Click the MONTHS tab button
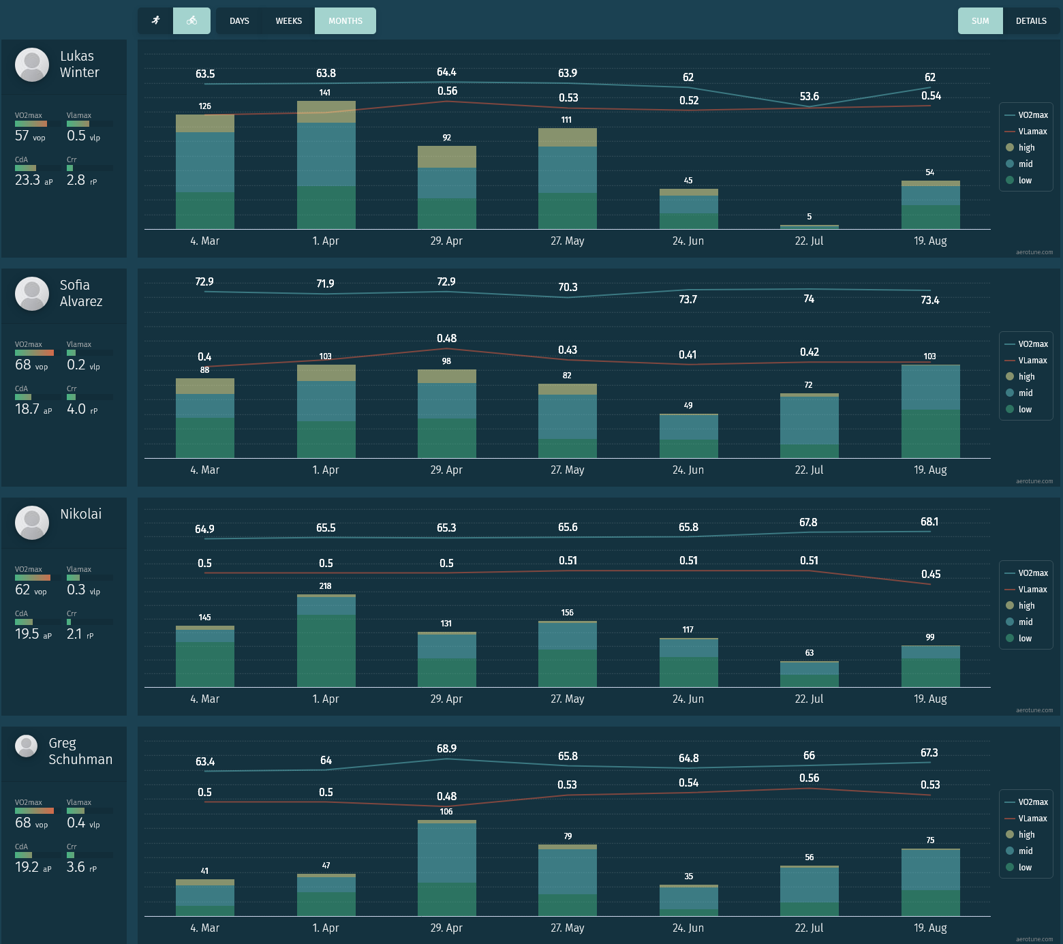click(x=345, y=21)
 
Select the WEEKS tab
click(x=289, y=21)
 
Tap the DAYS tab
click(x=239, y=21)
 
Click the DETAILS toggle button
click(x=1031, y=21)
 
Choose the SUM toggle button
click(x=980, y=21)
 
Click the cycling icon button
click(x=191, y=21)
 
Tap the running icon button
click(x=156, y=21)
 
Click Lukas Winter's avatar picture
click(x=32, y=65)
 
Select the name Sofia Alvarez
click(x=81, y=293)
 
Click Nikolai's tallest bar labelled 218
click(x=326, y=641)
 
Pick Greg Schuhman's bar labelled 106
click(x=446, y=868)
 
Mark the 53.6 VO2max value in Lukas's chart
click(x=809, y=97)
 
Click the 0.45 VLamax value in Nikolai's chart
click(x=930, y=575)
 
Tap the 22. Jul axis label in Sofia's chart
click(x=809, y=470)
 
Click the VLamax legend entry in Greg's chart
click(x=1032, y=819)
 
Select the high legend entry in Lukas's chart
click(x=1026, y=148)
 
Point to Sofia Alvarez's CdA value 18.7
click(x=27, y=409)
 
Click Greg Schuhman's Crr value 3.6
click(x=76, y=867)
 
